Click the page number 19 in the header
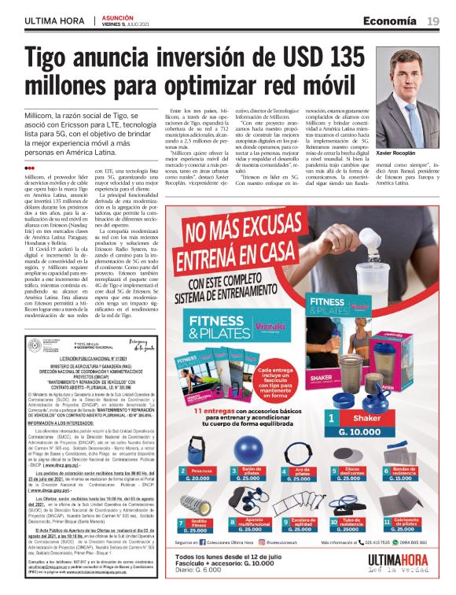(x=433, y=21)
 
